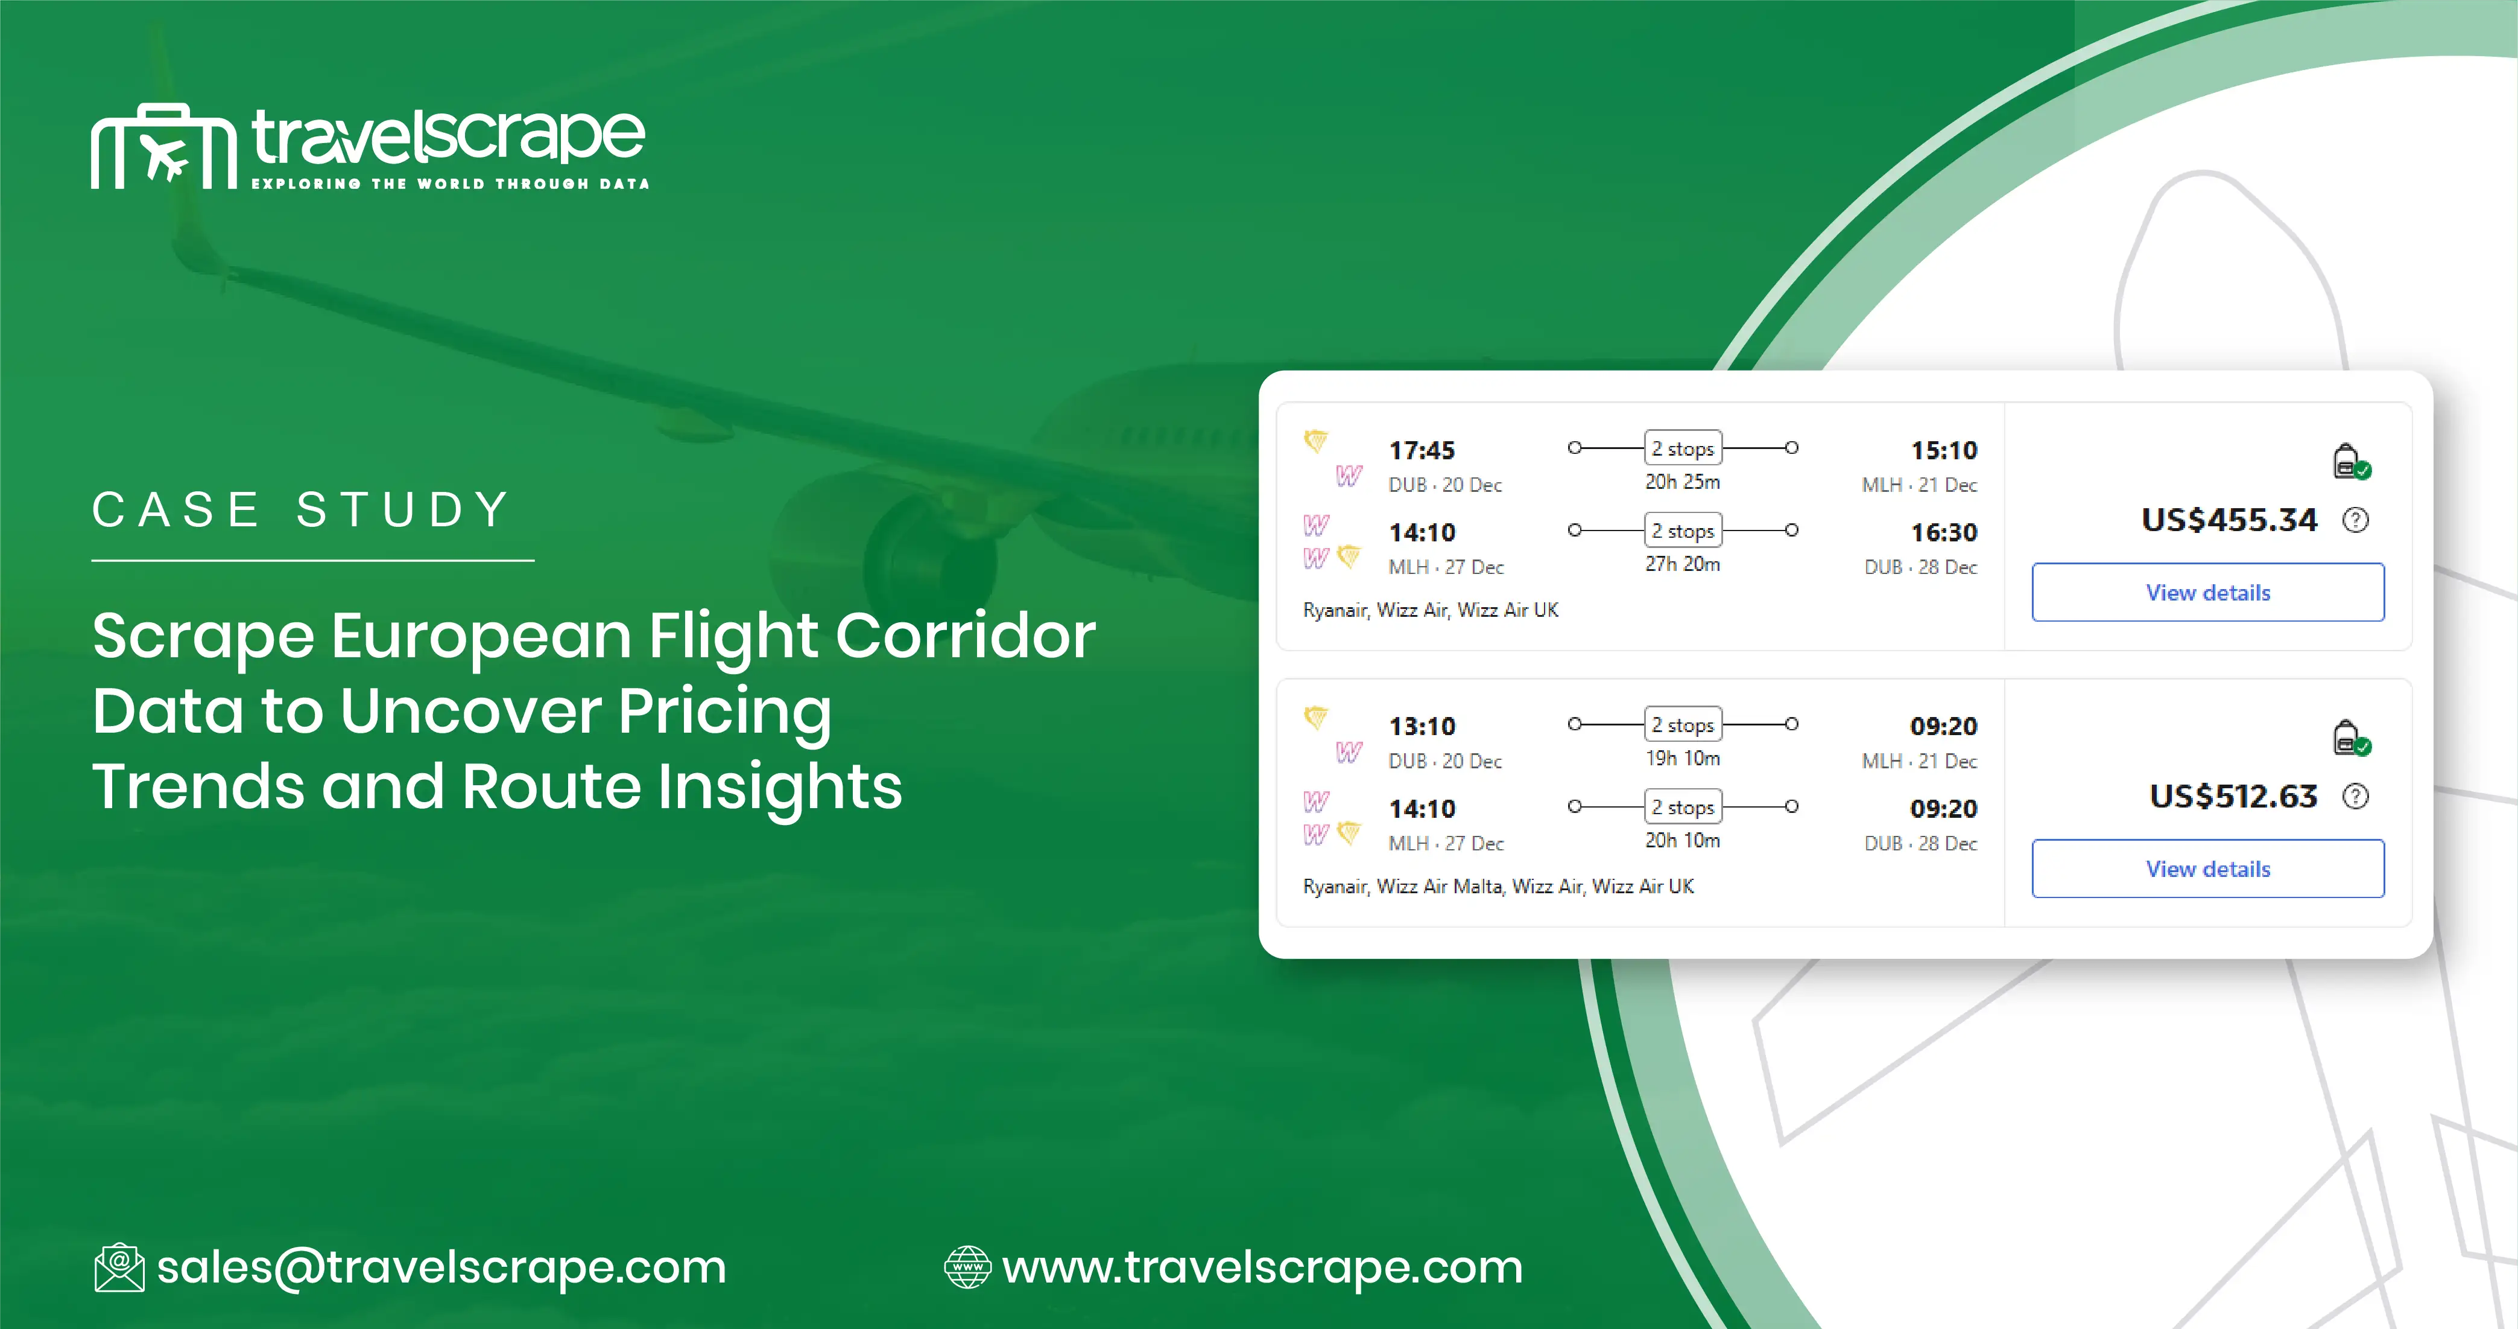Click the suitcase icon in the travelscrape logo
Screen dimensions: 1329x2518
(x=164, y=147)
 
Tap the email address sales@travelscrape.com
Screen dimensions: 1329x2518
(x=441, y=1267)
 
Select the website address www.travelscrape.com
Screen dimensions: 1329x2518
(x=1262, y=1267)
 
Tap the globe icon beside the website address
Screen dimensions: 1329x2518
(x=967, y=1267)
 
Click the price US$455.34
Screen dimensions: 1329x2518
(x=2229, y=519)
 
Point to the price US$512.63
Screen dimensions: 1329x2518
(x=2233, y=796)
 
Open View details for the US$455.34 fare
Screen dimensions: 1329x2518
(x=2207, y=593)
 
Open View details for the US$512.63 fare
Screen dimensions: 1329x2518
(x=2207, y=868)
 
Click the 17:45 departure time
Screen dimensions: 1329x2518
(x=1422, y=451)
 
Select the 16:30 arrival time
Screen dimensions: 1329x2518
(x=1943, y=533)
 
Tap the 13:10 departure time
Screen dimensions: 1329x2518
(x=1422, y=727)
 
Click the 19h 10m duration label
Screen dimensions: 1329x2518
(x=1682, y=758)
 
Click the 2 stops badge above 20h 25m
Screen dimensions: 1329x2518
(x=1682, y=448)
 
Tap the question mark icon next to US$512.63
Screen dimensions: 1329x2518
(x=2356, y=796)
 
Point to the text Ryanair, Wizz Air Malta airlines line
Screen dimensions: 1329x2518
(x=1498, y=886)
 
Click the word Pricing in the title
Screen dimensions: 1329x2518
(x=724, y=711)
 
